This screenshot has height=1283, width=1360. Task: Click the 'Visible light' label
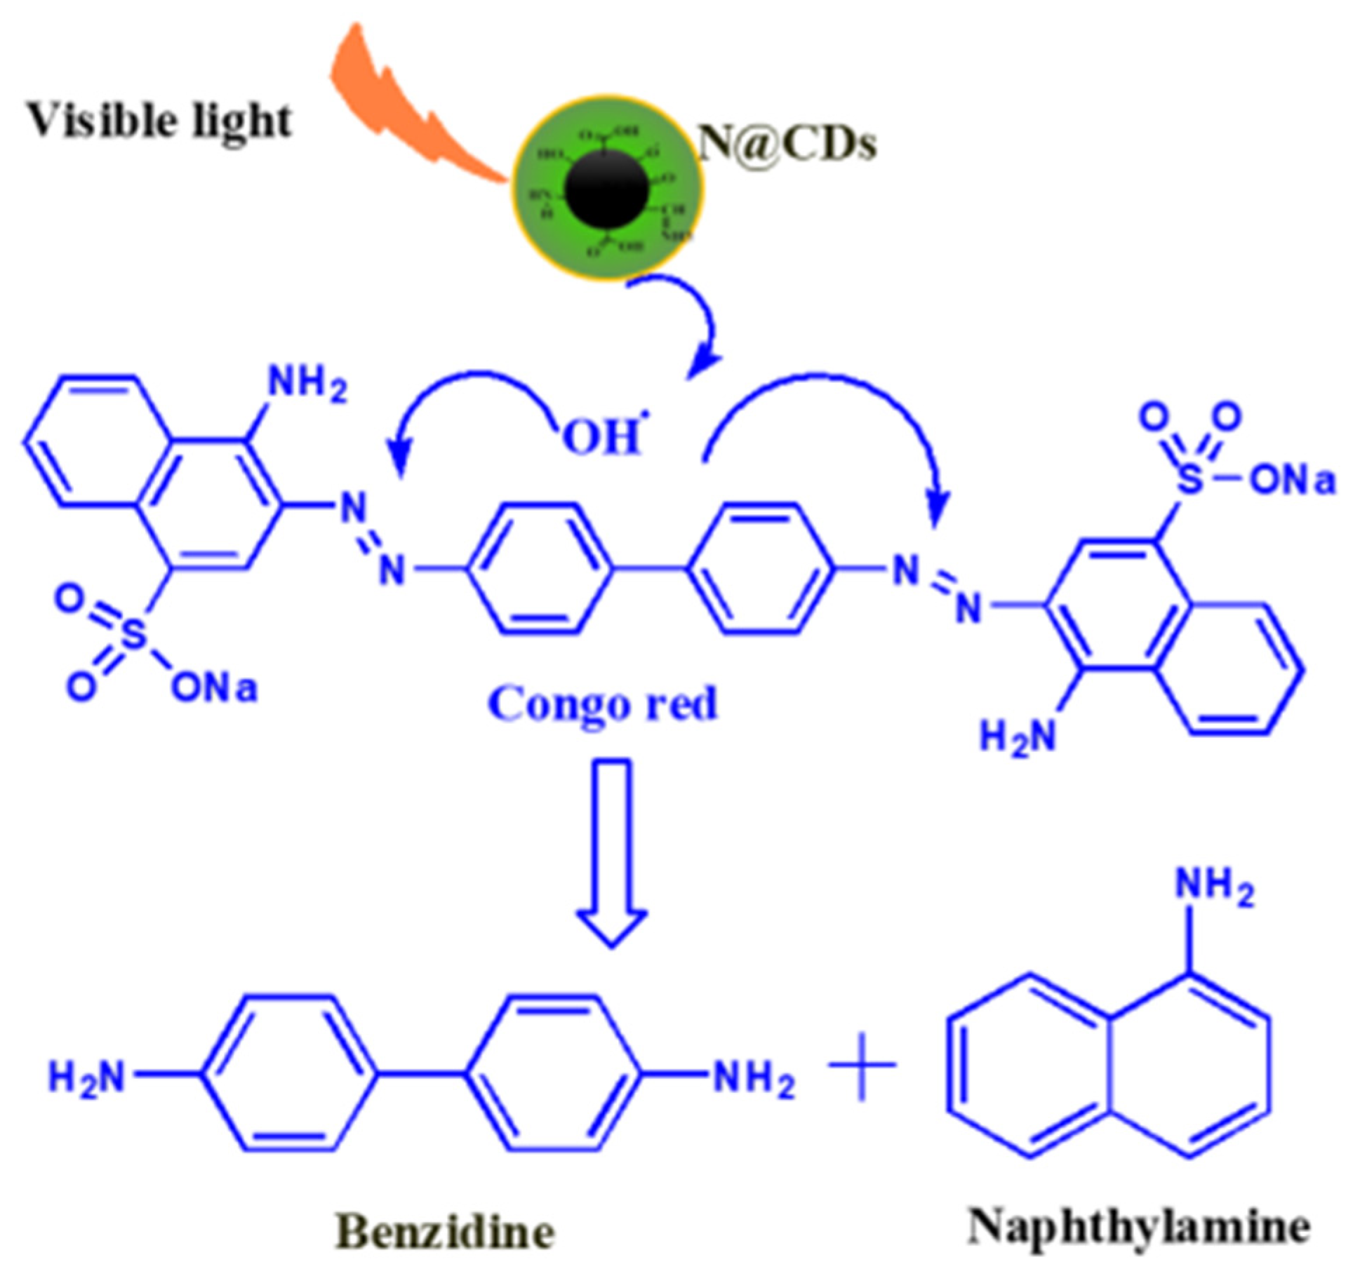pos(159,121)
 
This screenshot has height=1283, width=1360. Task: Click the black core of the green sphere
pos(606,188)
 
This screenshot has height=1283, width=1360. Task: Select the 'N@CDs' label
pos(787,144)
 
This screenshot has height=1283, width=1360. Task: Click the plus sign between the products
pos(862,1065)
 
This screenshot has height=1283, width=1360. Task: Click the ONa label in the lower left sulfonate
pos(214,688)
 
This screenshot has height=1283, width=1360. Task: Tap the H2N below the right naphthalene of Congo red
pos(1017,737)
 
